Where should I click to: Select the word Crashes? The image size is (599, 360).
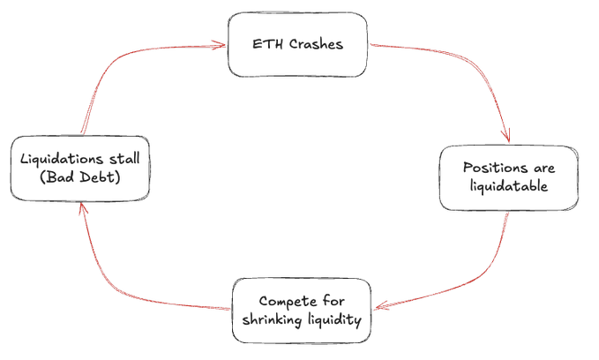pos(316,44)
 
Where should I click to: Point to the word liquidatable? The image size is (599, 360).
pos(509,186)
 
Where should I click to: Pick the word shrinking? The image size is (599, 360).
pos(272,319)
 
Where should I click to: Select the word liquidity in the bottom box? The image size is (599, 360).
pos(334,319)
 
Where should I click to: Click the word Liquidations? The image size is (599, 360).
pos(62,159)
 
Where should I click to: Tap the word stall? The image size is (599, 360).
pos(124,158)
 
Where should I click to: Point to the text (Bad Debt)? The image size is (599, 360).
pos(80,177)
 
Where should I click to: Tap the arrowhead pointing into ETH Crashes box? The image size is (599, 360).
pos(220,46)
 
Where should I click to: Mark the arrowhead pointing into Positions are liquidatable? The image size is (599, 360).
pos(506,137)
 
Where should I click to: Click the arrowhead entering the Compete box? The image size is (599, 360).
pos(381,305)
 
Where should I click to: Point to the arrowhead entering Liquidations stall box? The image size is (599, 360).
pos(83,208)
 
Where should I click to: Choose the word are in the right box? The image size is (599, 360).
pos(544,169)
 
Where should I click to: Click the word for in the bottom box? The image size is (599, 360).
pos(333,301)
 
